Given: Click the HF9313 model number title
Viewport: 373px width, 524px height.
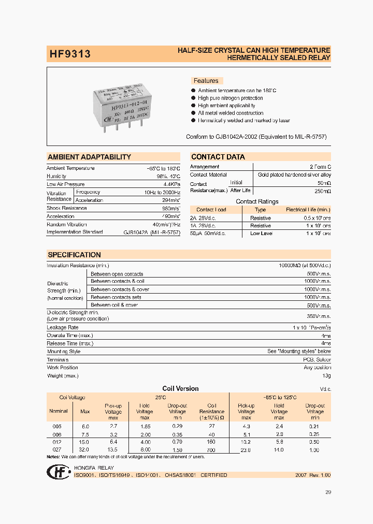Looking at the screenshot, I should pyautogui.click(x=69, y=53).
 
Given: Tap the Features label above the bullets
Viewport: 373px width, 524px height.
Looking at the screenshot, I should pyautogui.click(x=206, y=81).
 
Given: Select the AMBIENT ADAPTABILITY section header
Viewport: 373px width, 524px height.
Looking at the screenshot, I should pyautogui.click(x=89, y=157).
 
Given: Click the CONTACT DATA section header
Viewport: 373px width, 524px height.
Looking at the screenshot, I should pyautogui.click(x=218, y=157).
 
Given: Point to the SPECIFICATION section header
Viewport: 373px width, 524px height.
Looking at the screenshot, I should pyautogui.click(x=74, y=255).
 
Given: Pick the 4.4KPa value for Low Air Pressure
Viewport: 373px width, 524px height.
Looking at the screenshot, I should pyautogui.click(x=171, y=184).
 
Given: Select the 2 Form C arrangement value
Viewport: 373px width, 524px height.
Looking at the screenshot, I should pyautogui.click(x=320, y=167).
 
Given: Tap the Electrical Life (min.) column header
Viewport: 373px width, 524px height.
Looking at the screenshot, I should pyautogui.click(x=308, y=210).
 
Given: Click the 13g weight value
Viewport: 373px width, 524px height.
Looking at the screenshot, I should pyautogui.click(x=326, y=375).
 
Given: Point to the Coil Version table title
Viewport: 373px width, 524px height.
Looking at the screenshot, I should pyautogui.click(x=180, y=388).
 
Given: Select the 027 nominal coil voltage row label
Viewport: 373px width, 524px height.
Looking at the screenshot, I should pyautogui.click(x=58, y=450).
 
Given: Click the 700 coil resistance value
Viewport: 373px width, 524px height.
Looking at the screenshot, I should pyautogui.click(x=211, y=450).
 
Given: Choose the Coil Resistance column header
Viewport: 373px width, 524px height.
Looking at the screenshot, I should pyautogui.click(x=211, y=412).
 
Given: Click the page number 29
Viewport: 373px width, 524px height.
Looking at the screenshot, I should pyautogui.click(x=327, y=492).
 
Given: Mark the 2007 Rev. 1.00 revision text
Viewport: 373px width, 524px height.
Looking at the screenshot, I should pyautogui.click(x=312, y=475).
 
